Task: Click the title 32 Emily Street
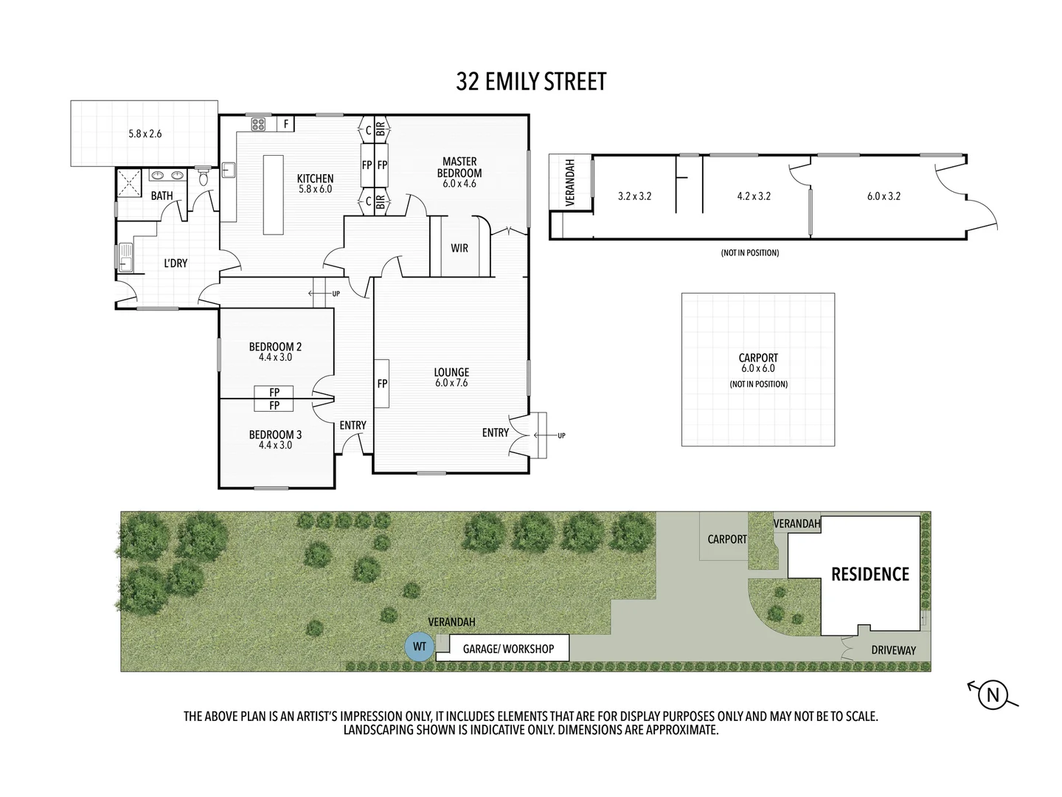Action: [531, 82]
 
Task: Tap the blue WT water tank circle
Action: [420, 647]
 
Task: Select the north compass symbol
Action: [993, 694]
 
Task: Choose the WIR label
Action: [459, 249]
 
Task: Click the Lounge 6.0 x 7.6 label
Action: [451, 377]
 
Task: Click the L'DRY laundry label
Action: [176, 263]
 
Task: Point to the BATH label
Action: [162, 196]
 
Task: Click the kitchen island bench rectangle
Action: [273, 194]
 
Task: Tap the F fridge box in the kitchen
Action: [285, 124]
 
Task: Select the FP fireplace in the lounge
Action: [382, 384]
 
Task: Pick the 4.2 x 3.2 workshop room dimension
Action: [754, 196]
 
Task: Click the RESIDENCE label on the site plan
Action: [870, 574]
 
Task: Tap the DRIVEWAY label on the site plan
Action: [893, 650]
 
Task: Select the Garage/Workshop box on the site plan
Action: [508, 649]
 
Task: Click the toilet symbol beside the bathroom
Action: [204, 177]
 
